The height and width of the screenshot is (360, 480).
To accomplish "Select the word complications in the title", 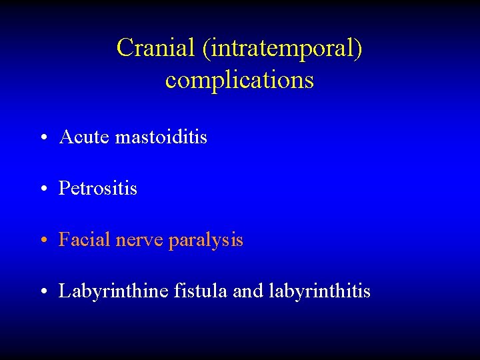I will pyautogui.click(x=239, y=80).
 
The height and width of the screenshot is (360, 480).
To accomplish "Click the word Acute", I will pyautogui.click(x=84, y=137).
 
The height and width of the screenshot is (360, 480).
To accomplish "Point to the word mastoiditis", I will pyautogui.click(x=161, y=137).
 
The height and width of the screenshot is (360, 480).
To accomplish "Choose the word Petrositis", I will pyautogui.click(x=98, y=189).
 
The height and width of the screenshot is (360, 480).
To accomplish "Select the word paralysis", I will pyautogui.click(x=206, y=241).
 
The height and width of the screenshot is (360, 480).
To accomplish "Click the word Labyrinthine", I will pyautogui.click(x=113, y=291).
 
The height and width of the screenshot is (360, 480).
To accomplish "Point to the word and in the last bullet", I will pyautogui.click(x=249, y=291).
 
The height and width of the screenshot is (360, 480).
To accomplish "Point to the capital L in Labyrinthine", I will pyautogui.click(x=65, y=291).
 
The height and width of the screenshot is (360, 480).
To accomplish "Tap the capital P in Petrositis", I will pyautogui.click(x=64, y=189).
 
